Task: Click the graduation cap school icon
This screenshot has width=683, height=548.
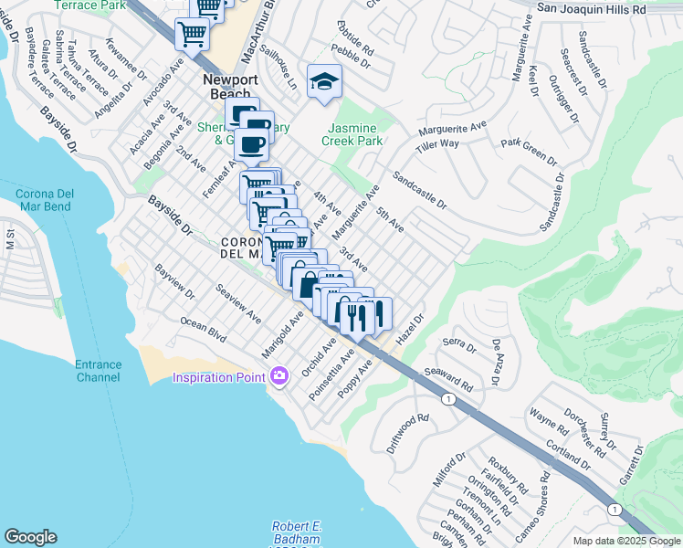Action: tap(322, 82)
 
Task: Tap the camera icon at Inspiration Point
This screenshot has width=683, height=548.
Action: tap(279, 375)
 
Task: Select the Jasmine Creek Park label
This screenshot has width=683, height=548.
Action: tap(357, 135)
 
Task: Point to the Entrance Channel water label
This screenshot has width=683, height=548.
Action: tap(98, 371)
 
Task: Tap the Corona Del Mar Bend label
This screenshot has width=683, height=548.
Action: tap(57, 199)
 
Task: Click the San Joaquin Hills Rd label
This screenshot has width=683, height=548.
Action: tap(603, 8)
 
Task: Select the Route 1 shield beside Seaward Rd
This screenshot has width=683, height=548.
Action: tap(447, 400)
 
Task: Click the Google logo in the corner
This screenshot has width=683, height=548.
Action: tap(30, 537)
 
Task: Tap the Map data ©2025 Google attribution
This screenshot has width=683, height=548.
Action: tap(625, 541)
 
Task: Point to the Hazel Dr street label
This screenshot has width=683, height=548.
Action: tap(413, 330)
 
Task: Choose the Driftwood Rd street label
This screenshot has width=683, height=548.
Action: tap(407, 434)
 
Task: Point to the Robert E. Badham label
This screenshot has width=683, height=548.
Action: tap(298, 533)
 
